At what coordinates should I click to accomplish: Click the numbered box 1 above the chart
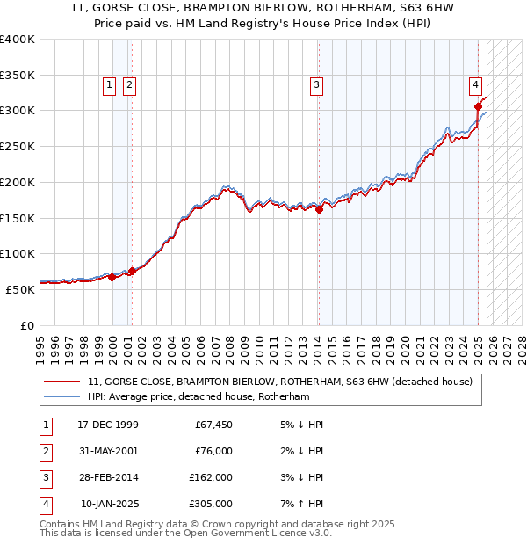109,85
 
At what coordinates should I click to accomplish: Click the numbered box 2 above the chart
128,85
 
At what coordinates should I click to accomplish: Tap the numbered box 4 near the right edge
474,85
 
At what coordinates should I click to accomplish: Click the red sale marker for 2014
319,209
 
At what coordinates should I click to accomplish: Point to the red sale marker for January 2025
478,107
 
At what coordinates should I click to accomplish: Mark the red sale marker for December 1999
112,277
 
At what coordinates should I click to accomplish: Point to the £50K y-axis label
20,288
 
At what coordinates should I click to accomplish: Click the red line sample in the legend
63,381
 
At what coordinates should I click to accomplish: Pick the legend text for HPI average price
199,396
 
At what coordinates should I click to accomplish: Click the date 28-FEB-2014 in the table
108,477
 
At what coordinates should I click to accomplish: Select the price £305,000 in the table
211,504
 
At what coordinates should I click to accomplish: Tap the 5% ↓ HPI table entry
300,425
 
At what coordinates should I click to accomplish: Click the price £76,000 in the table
213,451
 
